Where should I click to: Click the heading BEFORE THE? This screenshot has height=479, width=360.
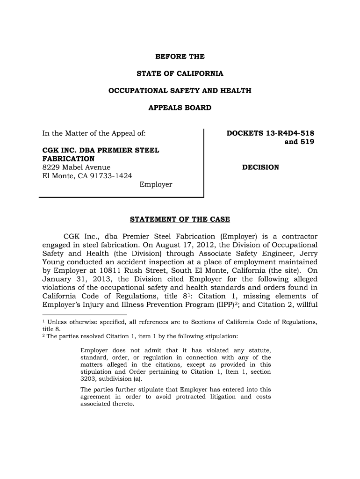point(180,57)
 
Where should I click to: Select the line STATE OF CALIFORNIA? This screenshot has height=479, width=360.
point(180,74)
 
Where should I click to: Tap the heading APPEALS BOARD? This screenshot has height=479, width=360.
point(180,108)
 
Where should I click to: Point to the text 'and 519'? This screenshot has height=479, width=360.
point(299,142)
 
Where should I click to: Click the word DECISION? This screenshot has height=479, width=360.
point(260,167)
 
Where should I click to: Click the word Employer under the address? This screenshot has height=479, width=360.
point(156,185)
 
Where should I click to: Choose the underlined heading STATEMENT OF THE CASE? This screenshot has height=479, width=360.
point(180,219)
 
